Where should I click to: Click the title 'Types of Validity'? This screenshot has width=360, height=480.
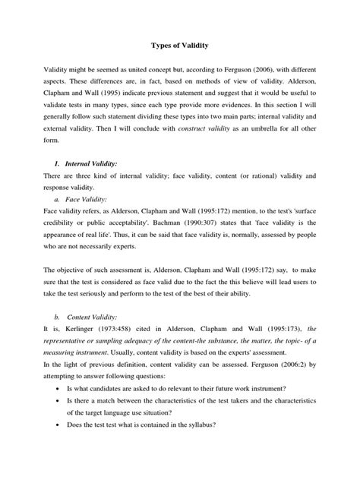179,46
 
